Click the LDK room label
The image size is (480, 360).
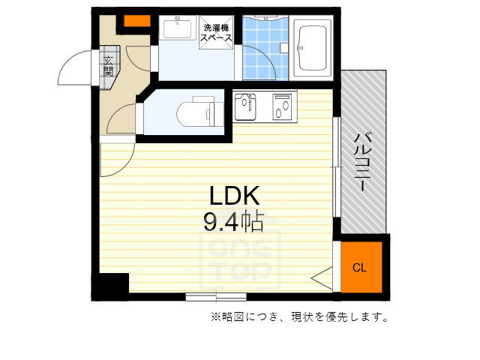coord(235,195)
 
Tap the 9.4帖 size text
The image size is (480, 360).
coord(233,221)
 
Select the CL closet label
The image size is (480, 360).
coord(359,268)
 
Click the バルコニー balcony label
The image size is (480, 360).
coord(363,162)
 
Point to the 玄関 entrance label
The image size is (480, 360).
coord(108,66)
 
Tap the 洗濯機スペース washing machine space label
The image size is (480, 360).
coord(216,33)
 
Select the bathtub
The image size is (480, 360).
coord(312,48)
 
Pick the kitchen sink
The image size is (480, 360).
coord(245,106)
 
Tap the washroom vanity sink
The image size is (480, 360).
coord(177,28)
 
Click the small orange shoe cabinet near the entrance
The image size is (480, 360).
coord(137,21)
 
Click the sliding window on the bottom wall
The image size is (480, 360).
coord(216,297)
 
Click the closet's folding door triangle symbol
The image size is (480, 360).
coord(322,278)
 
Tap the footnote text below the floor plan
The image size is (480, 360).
coord(299,316)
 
